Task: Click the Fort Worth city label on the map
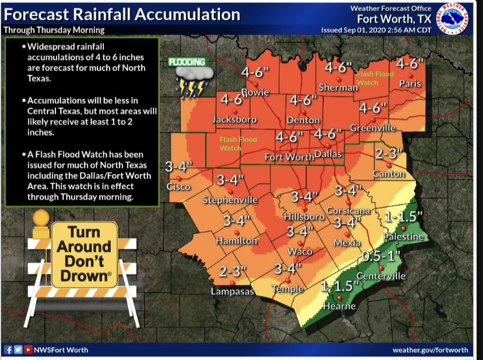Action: click(x=289, y=157)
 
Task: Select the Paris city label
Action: click(x=410, y=84)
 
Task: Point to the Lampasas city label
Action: click(x=232, y=291)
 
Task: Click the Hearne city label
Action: click(x=339, y=305)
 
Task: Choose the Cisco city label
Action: click(x=178, y=187)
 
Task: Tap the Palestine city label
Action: click(x=403, y=236)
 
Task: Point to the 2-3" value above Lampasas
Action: click(x=233, y=271)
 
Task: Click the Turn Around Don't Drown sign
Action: click(x=84, y=255)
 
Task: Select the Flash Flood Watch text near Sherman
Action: click(x=375, y=78)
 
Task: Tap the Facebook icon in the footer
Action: click(x=9, y=349)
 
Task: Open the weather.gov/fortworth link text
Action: click(x=430, y=349)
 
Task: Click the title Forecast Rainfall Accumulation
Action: click(x=121, y=14)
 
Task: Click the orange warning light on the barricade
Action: click(x=42, y=218)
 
